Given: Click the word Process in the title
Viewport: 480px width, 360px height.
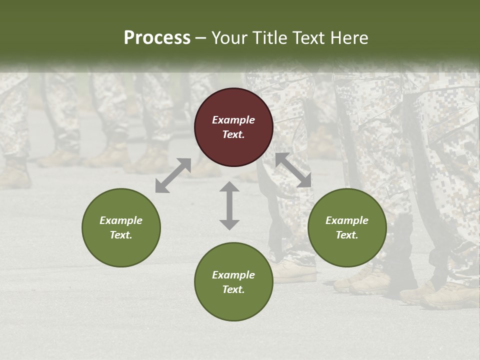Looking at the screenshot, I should (x=157, y=37).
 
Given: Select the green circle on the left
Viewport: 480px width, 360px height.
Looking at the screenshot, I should (x=121, y=227).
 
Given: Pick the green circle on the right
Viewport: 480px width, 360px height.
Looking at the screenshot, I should (x=347, y=227).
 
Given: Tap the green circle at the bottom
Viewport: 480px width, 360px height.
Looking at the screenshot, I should (x=233, y=282).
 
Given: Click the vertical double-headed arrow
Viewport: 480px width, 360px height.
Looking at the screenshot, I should (x=229, y=205).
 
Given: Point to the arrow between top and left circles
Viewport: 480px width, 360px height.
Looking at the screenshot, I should (x=173, y=175).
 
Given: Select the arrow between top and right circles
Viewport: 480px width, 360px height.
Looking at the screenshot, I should (x=293, y=170).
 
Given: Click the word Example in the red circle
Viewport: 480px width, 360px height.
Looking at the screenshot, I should (x=233, y=120).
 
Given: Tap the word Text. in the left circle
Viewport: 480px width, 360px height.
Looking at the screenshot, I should (x=121, y=235).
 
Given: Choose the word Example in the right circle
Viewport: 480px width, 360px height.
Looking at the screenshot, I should (x=347, y=220).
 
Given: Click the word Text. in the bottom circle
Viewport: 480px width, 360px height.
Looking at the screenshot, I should (x=233, y=289).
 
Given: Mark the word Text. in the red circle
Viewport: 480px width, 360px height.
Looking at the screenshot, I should (x=233, y=134).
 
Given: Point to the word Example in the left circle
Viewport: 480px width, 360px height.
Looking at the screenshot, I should (x=121, y=220).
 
